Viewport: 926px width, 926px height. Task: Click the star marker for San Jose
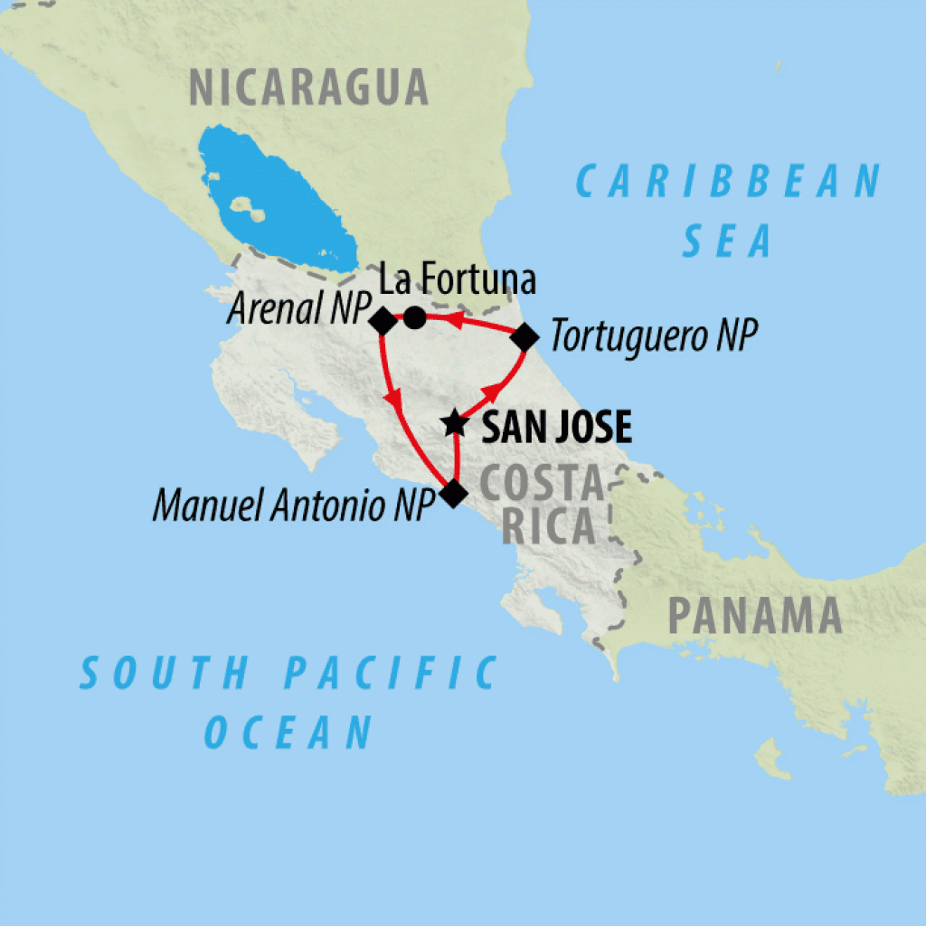tap(455, 423)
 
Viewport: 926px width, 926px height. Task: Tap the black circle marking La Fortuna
tap(414, 317)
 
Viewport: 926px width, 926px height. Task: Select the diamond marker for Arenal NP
tap(382, 320)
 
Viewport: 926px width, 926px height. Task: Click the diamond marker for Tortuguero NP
tap(524, 338)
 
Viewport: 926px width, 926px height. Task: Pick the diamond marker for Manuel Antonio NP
tap(452, 493)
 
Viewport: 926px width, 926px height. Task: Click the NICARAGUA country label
tap(307, 88)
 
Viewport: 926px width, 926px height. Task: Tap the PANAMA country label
tap(754, 617)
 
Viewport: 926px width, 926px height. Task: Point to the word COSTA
tap(540, 486)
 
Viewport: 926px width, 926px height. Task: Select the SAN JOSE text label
tap(555, 428)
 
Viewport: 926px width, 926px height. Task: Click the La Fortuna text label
tap(457, 280)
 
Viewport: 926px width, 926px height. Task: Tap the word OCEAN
tap(288, 731)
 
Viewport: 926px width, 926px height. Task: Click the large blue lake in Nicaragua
tap(276, 198)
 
